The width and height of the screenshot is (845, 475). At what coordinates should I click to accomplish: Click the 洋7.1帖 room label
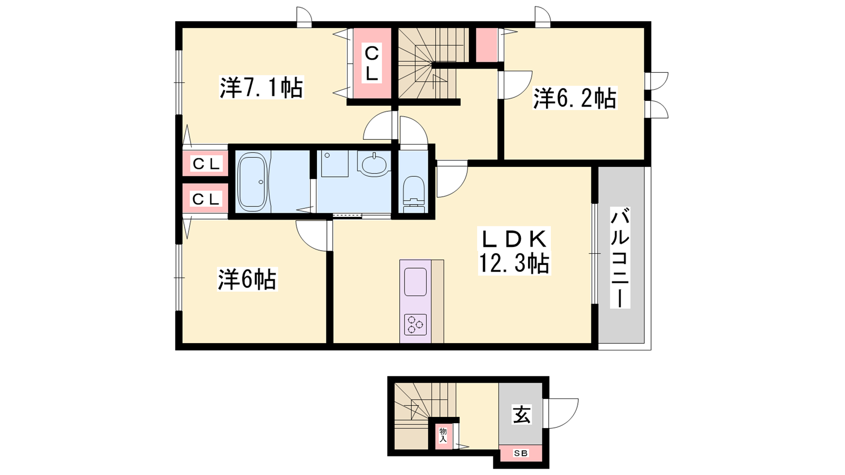pyautogui.click(x=261, y=88)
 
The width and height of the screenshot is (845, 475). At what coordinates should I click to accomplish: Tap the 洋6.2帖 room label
pyautogui.click(x=575, y=98)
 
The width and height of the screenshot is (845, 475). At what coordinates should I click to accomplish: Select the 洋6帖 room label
pyautogui.click(x=247, y=279)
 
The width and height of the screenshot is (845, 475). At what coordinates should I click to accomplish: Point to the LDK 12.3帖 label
pyautogui.click(x=514, y=251)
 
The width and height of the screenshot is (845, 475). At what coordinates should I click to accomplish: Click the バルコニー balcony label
pyautogui.click(x=620, y=258)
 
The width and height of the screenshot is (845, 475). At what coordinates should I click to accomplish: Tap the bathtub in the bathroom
pyautogui.click(x=252, y=182)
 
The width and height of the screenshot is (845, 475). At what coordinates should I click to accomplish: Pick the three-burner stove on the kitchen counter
pyautogui.click(x=415, y=325)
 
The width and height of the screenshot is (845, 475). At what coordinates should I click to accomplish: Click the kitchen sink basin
pyautogui.click(x=415, y=282)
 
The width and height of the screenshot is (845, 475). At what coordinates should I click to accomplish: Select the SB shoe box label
pyautogui.click(x=521, y=453)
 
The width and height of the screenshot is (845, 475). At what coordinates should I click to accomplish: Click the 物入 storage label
pyautogui.click(x=443, y=435)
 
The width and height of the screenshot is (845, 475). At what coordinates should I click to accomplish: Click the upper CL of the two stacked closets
pyautogui.click(x=205, y=164)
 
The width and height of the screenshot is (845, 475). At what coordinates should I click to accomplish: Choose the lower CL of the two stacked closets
pyautogui.click(x=205, y=198)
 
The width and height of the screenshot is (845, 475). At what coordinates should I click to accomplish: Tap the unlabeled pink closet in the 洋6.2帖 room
pyautogui.click(x=486, y=45)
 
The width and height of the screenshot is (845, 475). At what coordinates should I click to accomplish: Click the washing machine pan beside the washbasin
pyautogui.click(x=335, y=164)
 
